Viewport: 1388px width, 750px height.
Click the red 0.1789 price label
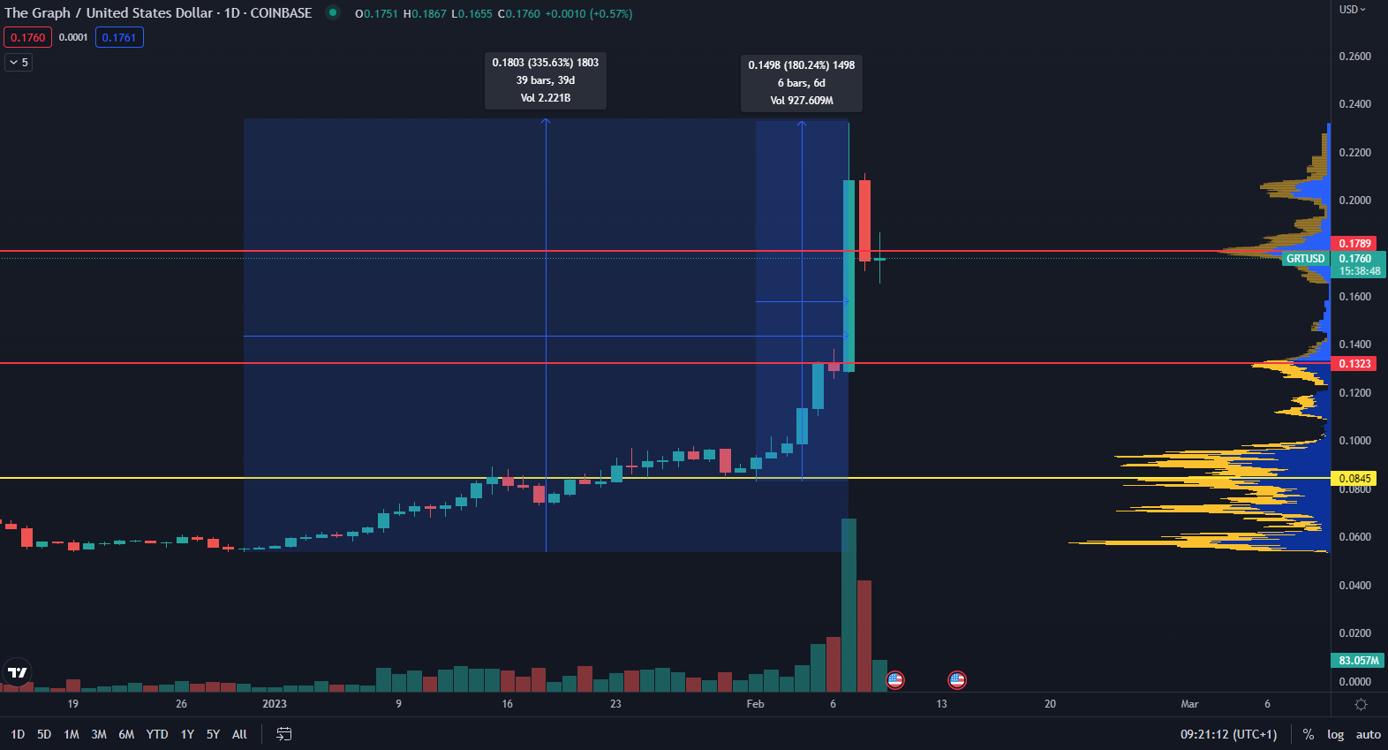(x=1354, y=243)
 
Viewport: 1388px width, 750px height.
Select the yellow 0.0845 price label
(x=1354, y=479)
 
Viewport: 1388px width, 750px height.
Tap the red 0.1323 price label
(x=1354, y=364)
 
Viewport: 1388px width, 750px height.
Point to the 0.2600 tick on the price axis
(x=1354, y=57)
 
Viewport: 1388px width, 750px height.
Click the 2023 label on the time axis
(x=275, y=704)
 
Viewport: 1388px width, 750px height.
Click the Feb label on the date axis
(x=755, y=704)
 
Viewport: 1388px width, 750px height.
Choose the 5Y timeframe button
(x=213, y=734)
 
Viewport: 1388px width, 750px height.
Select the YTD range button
(x=157, y=734)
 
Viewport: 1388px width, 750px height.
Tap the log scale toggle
(x=1335, y=734)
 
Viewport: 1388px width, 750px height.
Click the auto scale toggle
(x=1368, y=734)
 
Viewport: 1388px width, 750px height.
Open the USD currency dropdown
(x=1352, y=10)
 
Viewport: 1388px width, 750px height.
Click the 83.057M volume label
(x=1358, y=661)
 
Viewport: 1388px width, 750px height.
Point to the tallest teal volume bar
(x=849, y=605)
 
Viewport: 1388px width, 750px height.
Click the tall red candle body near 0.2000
(x=864, y=220)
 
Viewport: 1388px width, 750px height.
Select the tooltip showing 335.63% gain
(x=546, y=80)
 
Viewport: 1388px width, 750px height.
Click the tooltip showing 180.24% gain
(x=802, y=83)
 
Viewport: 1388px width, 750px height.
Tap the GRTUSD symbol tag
(x=1305, y=259)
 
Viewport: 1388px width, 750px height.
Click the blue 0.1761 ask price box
(x=119, y=37)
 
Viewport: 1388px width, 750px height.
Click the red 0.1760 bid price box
(x=27, y=37)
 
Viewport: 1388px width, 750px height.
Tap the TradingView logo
(x=18, y=672)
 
